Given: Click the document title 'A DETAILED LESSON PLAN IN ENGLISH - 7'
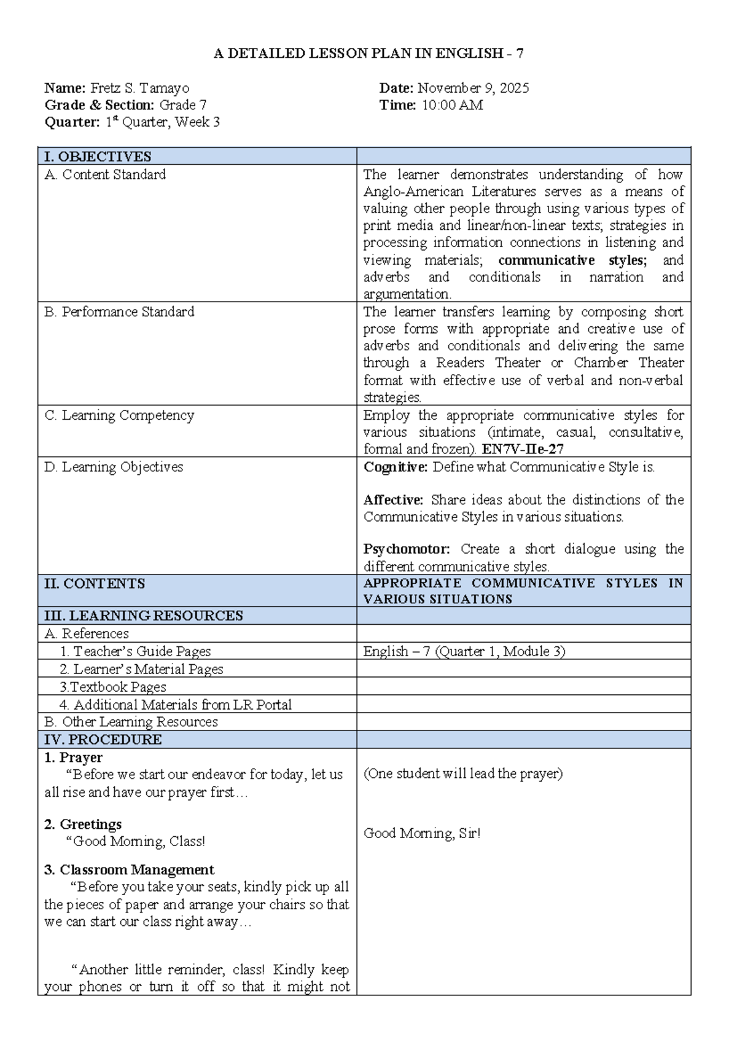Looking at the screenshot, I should coord(368,53).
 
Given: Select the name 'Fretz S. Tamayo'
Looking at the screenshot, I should coord(140,88).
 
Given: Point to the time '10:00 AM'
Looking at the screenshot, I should coord(452,105).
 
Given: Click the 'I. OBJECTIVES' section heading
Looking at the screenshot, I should coord(98,157).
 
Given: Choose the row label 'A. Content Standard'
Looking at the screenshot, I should coord(105,174).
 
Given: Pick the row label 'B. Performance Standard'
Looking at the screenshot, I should coord(119,312).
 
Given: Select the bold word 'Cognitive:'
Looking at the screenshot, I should coord(396,467).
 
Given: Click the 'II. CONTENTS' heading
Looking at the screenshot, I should coord(95,584).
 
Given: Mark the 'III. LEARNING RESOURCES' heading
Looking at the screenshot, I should coord(144,616).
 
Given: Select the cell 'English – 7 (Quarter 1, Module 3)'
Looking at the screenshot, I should coord(464,651).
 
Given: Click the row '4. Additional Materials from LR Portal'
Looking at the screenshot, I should coord(175,705).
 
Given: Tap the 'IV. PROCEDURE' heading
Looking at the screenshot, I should coord(103,740).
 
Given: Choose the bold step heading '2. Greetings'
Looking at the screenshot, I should coord(83,824).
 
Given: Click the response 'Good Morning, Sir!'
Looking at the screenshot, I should coord(422,833).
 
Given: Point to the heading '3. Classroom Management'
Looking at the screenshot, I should coord(129,870).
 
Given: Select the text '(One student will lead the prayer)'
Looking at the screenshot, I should coord(463,774).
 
